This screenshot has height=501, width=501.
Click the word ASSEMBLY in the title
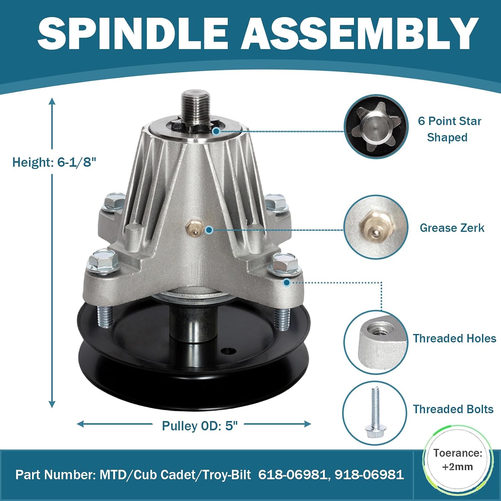pos(360,33)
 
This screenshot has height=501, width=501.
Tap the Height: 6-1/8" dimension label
pos(54,162)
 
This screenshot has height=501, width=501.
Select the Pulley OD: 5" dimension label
pos(200,426)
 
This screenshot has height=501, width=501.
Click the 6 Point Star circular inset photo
pos(376,127)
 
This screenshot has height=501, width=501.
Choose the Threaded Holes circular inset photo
pos(376,342)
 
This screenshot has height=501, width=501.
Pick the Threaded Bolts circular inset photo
pos(375,413)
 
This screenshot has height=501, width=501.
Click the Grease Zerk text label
pos(452,228)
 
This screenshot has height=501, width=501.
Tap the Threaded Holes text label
pos(455,338)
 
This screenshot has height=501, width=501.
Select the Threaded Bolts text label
pos(453,409)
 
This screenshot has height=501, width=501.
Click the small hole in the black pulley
pos(228,351)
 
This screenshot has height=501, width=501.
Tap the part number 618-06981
pos(292,475)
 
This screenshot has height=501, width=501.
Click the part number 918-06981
pos(369,475)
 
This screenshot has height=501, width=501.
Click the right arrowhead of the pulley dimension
pos(307,424)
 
